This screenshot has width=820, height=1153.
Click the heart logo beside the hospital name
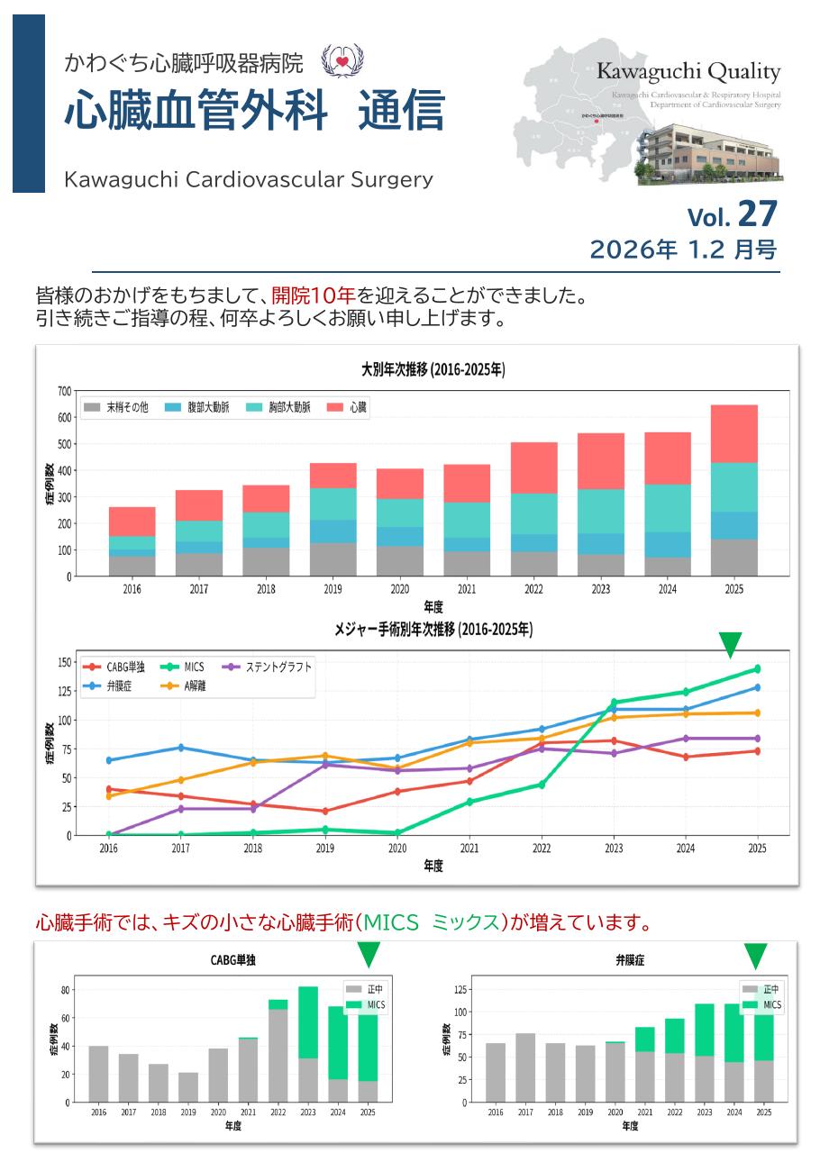[x=342, y=60]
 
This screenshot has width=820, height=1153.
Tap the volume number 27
[x=756, y=214]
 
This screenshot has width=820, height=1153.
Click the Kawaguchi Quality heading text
[x=688, y=72]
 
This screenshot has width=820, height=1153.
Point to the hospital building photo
[x=708, y=152]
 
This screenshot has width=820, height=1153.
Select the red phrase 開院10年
[x=314, y=295]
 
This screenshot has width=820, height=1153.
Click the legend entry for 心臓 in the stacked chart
[x=347, y=408]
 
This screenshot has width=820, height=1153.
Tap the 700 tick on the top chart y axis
[x=64, y=391]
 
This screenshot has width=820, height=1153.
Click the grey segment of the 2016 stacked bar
[x=132, y=566]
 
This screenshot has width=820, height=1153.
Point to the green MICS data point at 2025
[x=757, y=668]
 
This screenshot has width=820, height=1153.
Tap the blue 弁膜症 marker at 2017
[x=181, y=748]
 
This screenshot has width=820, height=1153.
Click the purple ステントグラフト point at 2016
[x=109, y=835]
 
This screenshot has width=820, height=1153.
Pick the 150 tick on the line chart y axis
[x=63, y=662]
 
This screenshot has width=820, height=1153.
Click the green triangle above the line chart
[x=730, y=643]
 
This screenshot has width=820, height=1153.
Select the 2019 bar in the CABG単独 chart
[x=188, y=1087]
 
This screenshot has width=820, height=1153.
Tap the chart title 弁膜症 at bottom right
[x=630, y=961]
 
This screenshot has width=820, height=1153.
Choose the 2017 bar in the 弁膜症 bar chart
[x=525, y=1067]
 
